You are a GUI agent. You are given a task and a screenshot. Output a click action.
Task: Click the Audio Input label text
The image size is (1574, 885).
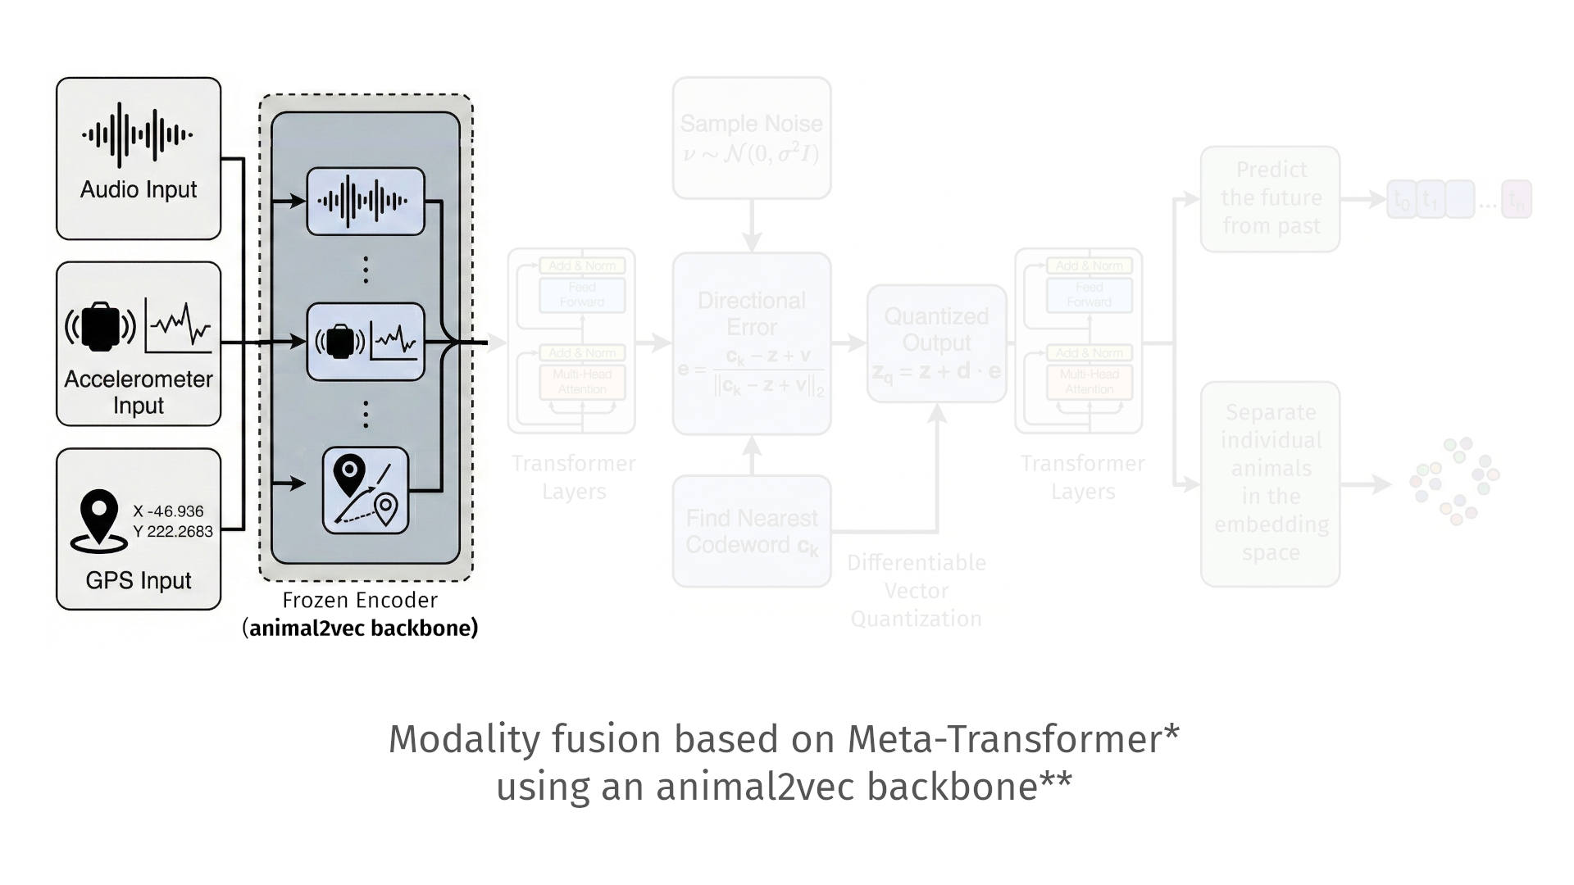[139, 190]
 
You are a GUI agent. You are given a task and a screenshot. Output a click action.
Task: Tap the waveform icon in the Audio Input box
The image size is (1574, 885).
[138, 135]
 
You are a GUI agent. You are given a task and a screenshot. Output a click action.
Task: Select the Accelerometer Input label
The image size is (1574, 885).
[139, 392]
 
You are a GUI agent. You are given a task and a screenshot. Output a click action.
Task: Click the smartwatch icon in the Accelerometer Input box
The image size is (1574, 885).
[101, 327]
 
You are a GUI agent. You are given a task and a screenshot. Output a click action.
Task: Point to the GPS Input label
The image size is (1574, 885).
[139, 580]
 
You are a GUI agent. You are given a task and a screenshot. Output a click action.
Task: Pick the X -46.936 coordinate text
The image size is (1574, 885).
[168, 511]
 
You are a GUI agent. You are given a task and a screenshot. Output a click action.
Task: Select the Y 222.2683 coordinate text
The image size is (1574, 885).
[172, 532]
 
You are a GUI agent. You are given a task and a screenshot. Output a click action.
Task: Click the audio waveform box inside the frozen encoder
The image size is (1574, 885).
[366, 202]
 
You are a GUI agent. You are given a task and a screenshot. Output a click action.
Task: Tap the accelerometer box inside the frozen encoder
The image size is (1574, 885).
[366, 342]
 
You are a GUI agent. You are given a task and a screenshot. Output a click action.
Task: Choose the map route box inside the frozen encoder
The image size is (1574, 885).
[366, 490]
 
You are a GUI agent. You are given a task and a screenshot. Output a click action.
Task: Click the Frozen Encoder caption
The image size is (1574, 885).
[360, 601]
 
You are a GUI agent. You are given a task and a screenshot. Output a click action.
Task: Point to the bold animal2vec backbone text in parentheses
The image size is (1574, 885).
[363, 629]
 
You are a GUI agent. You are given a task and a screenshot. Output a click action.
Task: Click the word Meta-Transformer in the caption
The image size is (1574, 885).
[1003, 739]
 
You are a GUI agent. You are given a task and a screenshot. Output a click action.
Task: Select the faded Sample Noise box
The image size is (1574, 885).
[752, 138]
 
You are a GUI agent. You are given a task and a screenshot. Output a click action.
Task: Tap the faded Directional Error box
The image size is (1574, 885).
[752, 343]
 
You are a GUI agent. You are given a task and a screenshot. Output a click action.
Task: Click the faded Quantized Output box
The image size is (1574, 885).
[937, 343]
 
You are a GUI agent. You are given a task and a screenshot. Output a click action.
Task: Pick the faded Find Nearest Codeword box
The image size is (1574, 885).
[752, 531]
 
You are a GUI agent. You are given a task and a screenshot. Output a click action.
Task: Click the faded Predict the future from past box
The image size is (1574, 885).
[1271, 198]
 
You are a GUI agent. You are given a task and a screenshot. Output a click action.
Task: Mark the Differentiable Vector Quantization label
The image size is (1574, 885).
[917, 591]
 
